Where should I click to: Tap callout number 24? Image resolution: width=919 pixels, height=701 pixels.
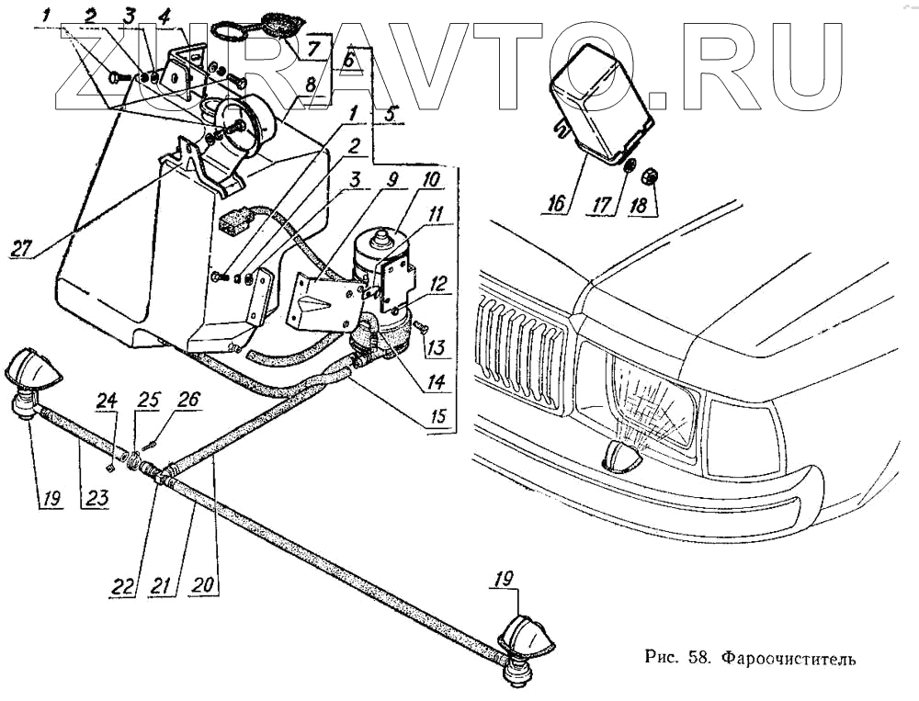point(108,401)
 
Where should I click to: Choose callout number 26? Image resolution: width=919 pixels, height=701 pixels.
point(187,401)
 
